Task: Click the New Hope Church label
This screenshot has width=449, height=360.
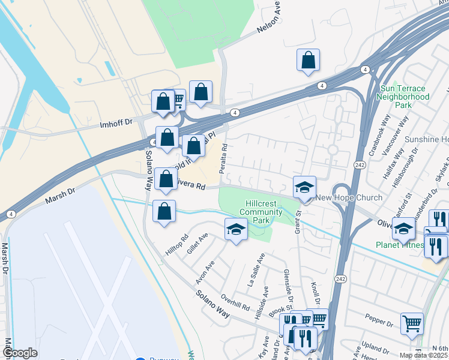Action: pos(349,198)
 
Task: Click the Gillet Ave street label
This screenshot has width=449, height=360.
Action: pos(197,244)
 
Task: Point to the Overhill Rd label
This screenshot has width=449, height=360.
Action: pos(235,302)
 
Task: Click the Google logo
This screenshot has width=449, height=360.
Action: pos(20,353)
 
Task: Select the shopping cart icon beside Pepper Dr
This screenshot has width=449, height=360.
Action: pos(412,323)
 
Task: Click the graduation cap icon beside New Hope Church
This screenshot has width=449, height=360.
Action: pos(304,187)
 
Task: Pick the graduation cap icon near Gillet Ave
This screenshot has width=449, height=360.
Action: pos(236,229)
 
